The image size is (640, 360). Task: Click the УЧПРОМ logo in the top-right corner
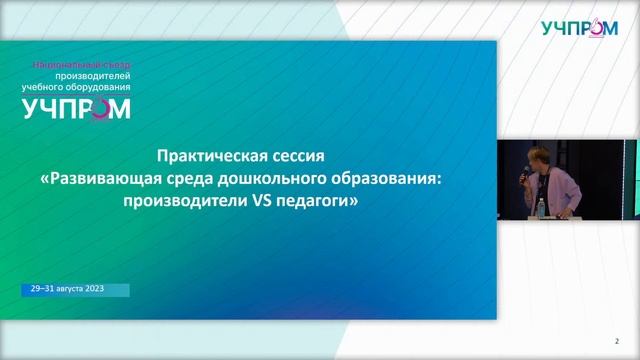click(x=579, y=28)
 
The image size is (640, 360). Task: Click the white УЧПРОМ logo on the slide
click(x=76, y=109)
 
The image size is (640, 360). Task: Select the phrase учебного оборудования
click(x=77, y=86)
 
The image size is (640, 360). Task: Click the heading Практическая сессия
click(x=242, y=158)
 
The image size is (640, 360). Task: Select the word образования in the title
click(x=381, y=179)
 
